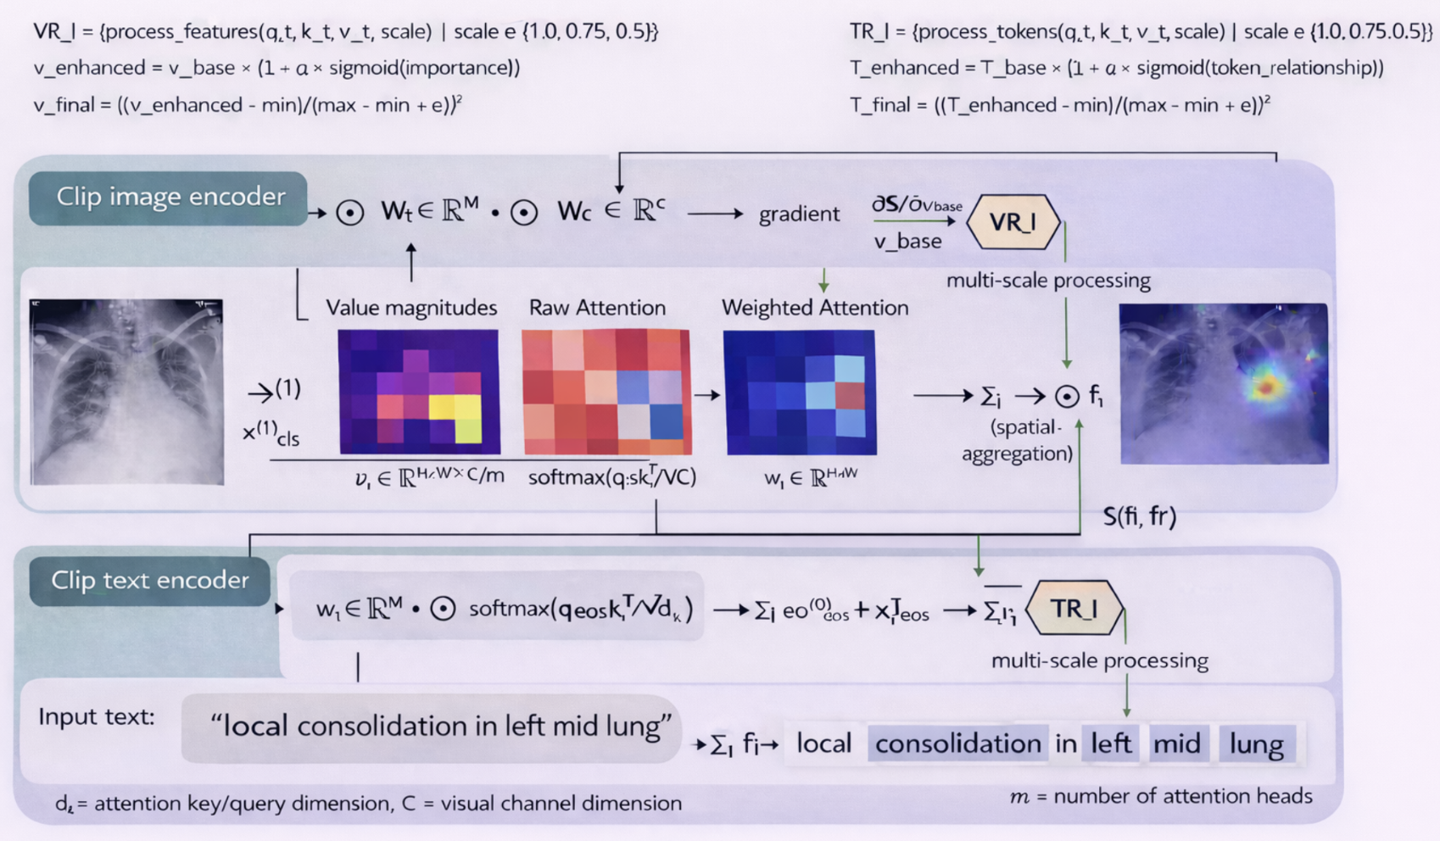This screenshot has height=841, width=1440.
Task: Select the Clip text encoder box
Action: coord(149,581)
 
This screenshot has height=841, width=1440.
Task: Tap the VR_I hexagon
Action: coord(1013,222)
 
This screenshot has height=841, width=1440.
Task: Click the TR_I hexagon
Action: coord(1074,609)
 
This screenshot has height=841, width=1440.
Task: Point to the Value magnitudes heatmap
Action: coord(419,392)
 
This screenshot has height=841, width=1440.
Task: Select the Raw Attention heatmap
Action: coord(606,392)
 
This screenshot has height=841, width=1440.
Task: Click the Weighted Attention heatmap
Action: coord(799,392)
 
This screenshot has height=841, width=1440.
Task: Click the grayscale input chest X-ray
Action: coord(127,392)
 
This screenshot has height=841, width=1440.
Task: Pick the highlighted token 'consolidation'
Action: coord(957,744)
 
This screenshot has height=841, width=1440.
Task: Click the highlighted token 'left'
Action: coord(1111,744)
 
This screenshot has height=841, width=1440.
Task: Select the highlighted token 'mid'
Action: coord(1176,744)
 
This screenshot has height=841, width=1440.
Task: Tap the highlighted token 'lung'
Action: coord(1256,744)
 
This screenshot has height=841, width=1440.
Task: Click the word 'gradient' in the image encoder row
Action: coord(799,214)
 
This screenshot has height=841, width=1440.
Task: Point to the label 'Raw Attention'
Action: coord(597,308)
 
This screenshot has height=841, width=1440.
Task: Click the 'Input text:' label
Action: coord(97,717)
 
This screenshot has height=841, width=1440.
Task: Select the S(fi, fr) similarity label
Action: coord(1139,516)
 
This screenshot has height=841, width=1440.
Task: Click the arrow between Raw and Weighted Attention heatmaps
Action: coord(707,395)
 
